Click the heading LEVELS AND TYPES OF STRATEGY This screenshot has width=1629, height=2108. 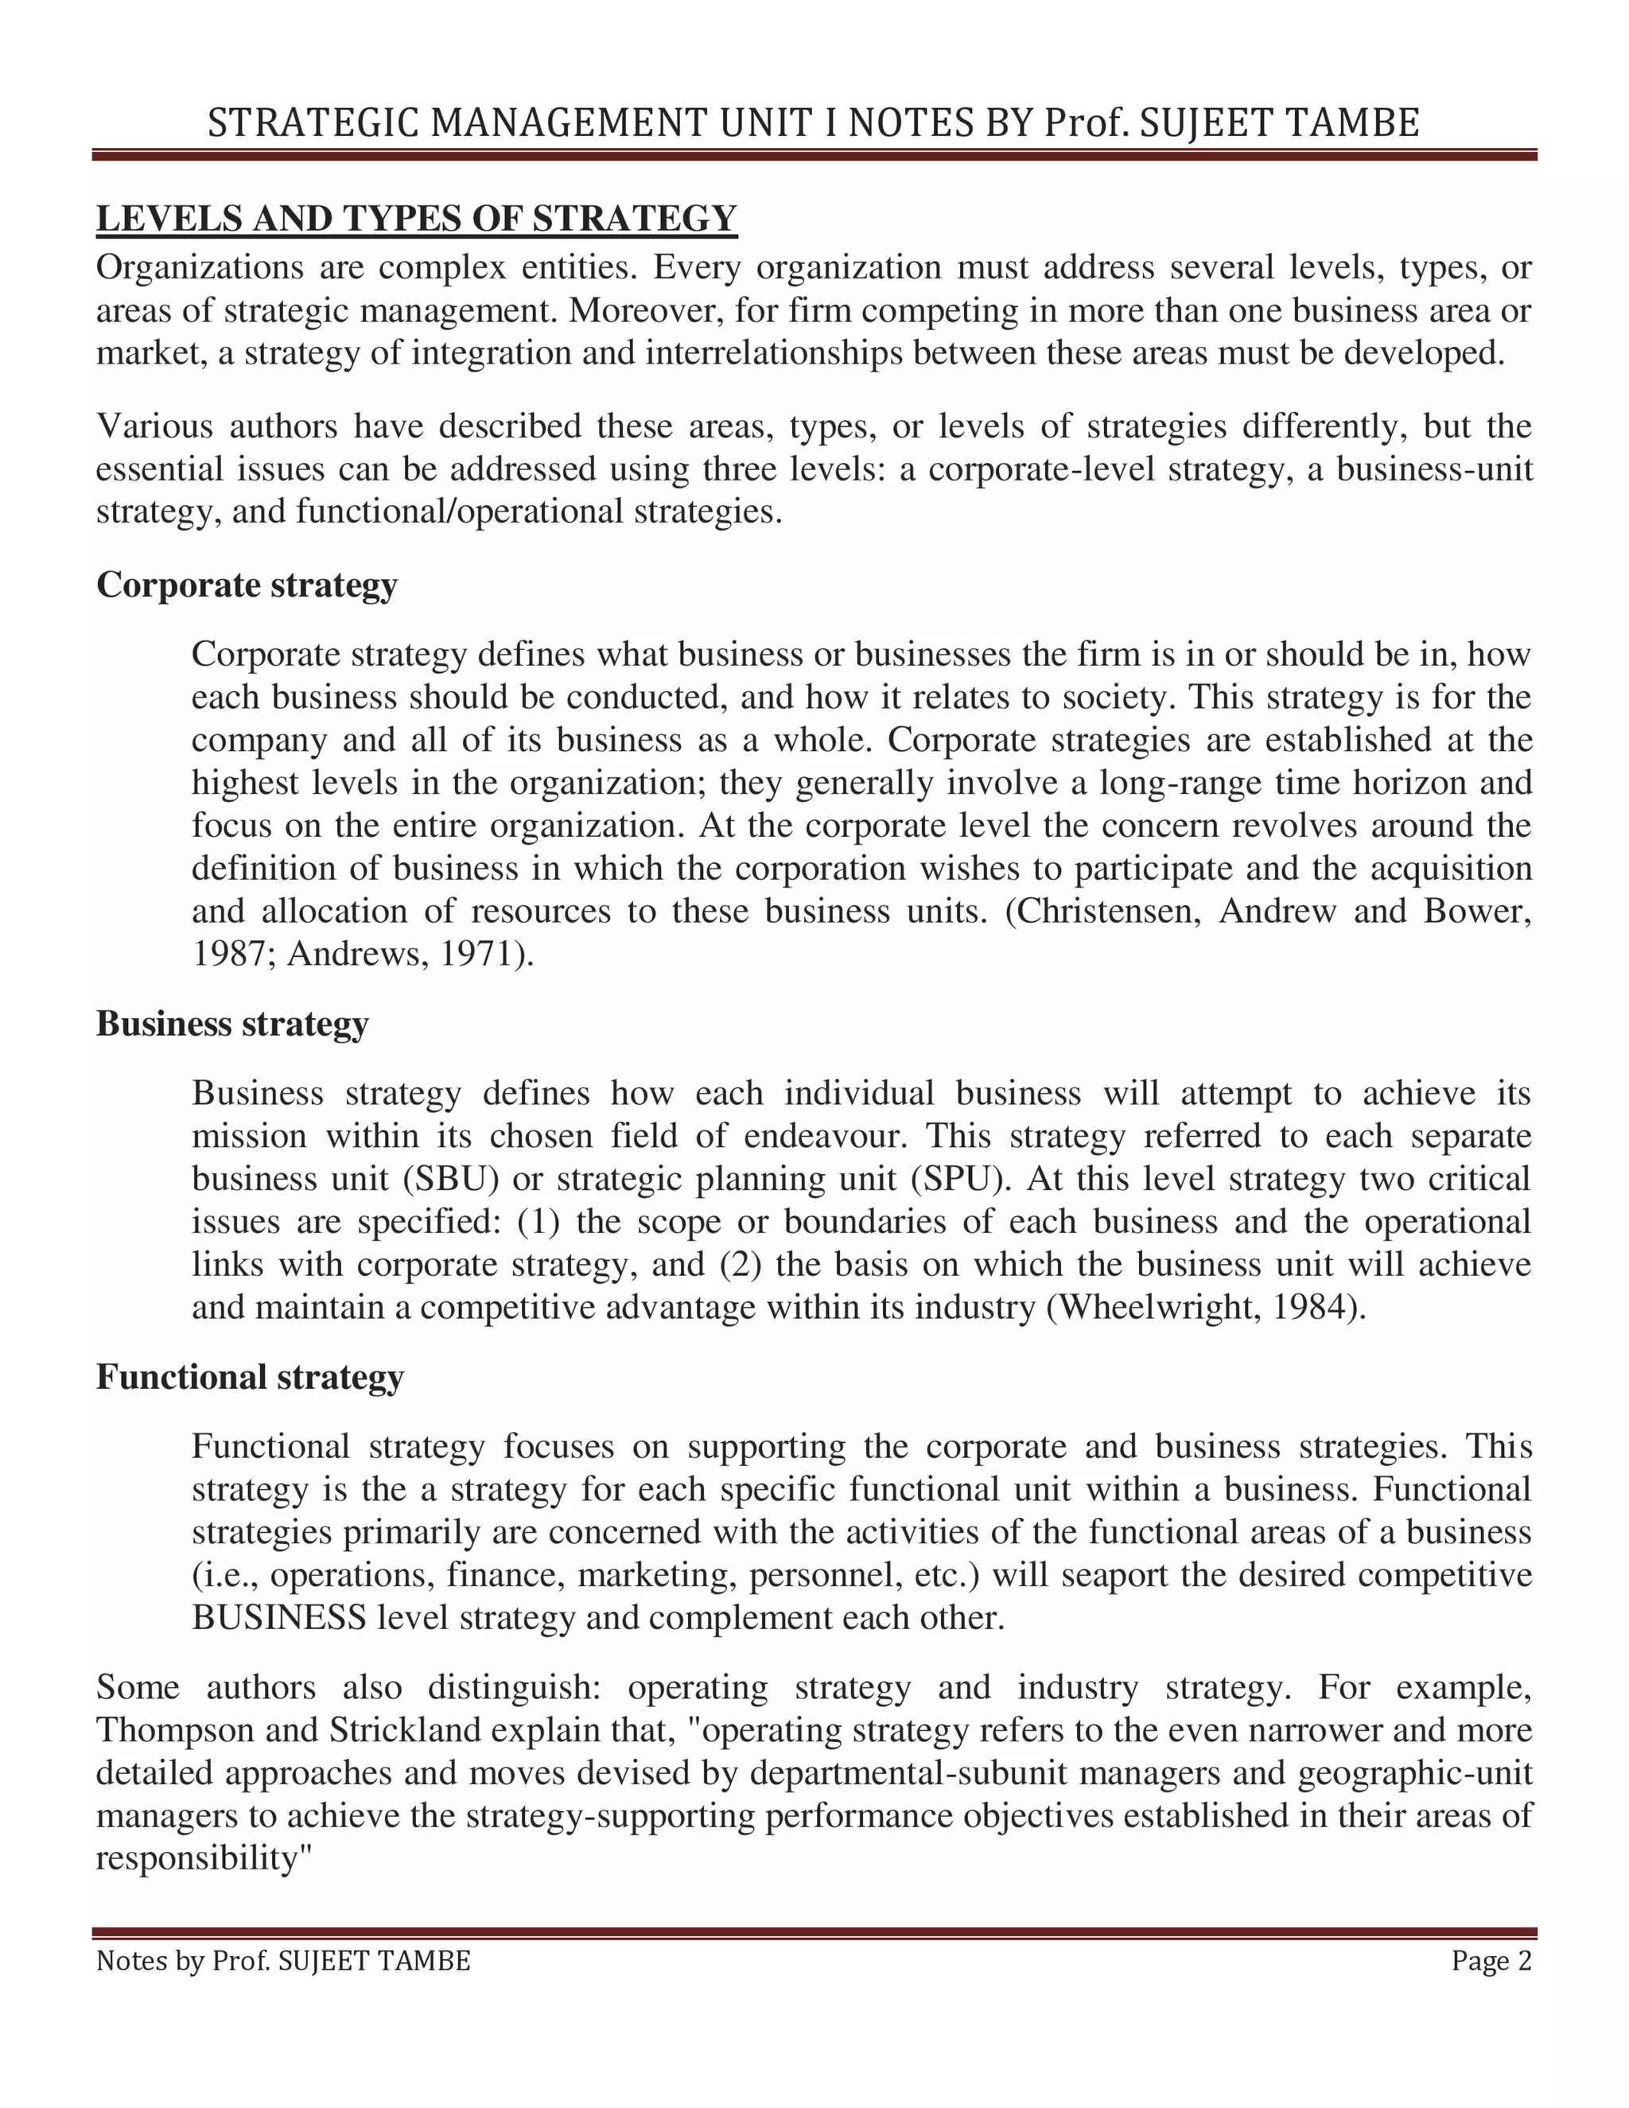(x=416, y=219)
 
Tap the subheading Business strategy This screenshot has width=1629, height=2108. (x=231, y=1023)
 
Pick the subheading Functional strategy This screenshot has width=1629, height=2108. (x=249, y=1376)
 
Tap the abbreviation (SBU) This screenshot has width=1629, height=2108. (x=444, y=1179)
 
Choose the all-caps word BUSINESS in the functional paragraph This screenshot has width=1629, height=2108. (x=279, y=1618)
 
